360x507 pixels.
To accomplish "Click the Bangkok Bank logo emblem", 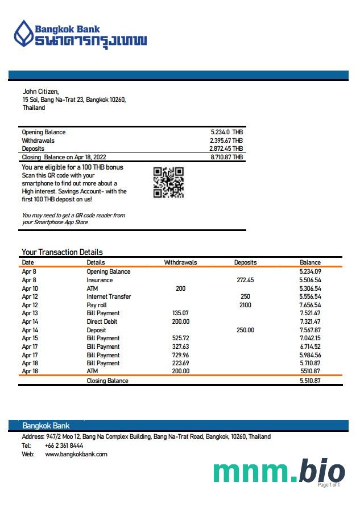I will (x=24, y=33).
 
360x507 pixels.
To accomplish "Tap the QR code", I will (x=168, y=182).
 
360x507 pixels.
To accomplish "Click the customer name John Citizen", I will (x=40, y=92).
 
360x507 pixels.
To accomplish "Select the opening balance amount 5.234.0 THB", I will (x=226, y=132).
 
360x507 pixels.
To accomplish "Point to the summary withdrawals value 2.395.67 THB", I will (x=226, y=141).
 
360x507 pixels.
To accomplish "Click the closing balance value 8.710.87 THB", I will (x=226, y=157).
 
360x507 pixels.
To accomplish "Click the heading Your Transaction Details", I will (x=62, y=252).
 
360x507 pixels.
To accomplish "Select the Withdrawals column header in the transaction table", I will (x=180, y=262).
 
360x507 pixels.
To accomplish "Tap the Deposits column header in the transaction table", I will (x=245, y=262).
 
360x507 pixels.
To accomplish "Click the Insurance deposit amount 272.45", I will (x=245, y=280).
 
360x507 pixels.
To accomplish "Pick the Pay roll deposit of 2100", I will (x=245, y=305).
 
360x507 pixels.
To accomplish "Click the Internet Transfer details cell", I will (x=109, y=296).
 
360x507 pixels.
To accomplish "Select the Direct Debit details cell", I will (x=102, y=321).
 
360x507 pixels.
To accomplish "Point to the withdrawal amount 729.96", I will (x=180, y=355).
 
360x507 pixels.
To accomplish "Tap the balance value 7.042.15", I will (x=309, y=338).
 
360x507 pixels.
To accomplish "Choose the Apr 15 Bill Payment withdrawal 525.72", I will (x=180, y=338).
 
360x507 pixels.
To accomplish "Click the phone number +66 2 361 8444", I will (x=64, y=446).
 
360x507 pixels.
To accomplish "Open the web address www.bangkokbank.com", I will (x=76, y=454).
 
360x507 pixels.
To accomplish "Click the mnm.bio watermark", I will (x=279, y=472).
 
